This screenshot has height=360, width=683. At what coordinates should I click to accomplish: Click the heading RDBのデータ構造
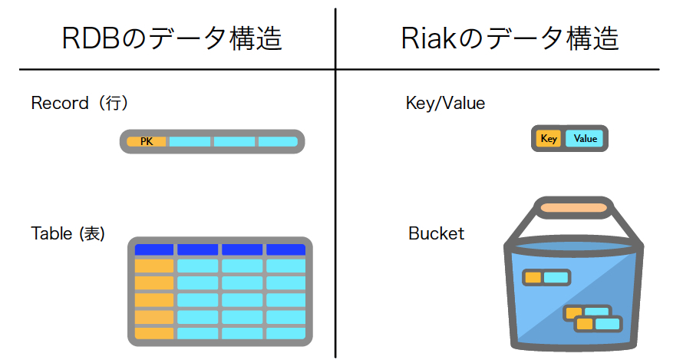click(x=172, y=38)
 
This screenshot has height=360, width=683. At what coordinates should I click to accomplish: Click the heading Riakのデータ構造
click(x=510, y=38)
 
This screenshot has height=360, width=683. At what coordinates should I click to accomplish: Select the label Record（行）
click(x=79, y=103)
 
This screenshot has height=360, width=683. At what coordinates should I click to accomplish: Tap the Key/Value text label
click(x=445, y=103)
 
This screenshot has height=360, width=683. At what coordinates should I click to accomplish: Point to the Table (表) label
click(x=68, y=233)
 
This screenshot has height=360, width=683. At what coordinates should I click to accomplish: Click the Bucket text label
click(x=436, y=233)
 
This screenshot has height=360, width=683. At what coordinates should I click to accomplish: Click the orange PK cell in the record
click(x=147, y=142)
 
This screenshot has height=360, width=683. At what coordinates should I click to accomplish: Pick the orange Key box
click(x=549, y=139)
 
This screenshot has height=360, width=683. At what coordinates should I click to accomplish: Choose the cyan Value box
click(x=585, y=139)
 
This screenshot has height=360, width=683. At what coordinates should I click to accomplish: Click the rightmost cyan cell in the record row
click(x=277, y=142)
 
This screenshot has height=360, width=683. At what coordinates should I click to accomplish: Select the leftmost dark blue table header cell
click(x=154, y=249)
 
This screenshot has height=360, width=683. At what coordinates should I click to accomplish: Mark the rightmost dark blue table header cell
click(x=285, y=249)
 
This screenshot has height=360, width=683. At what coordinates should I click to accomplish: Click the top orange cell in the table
click(x=154, y=266)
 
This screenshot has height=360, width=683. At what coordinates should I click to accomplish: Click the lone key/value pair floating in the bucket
click(x=546, y=277)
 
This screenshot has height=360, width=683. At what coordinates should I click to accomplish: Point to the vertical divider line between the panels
click(x=336, y=192)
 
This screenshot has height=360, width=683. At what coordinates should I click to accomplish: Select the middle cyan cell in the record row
click(x=234, y=142)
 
